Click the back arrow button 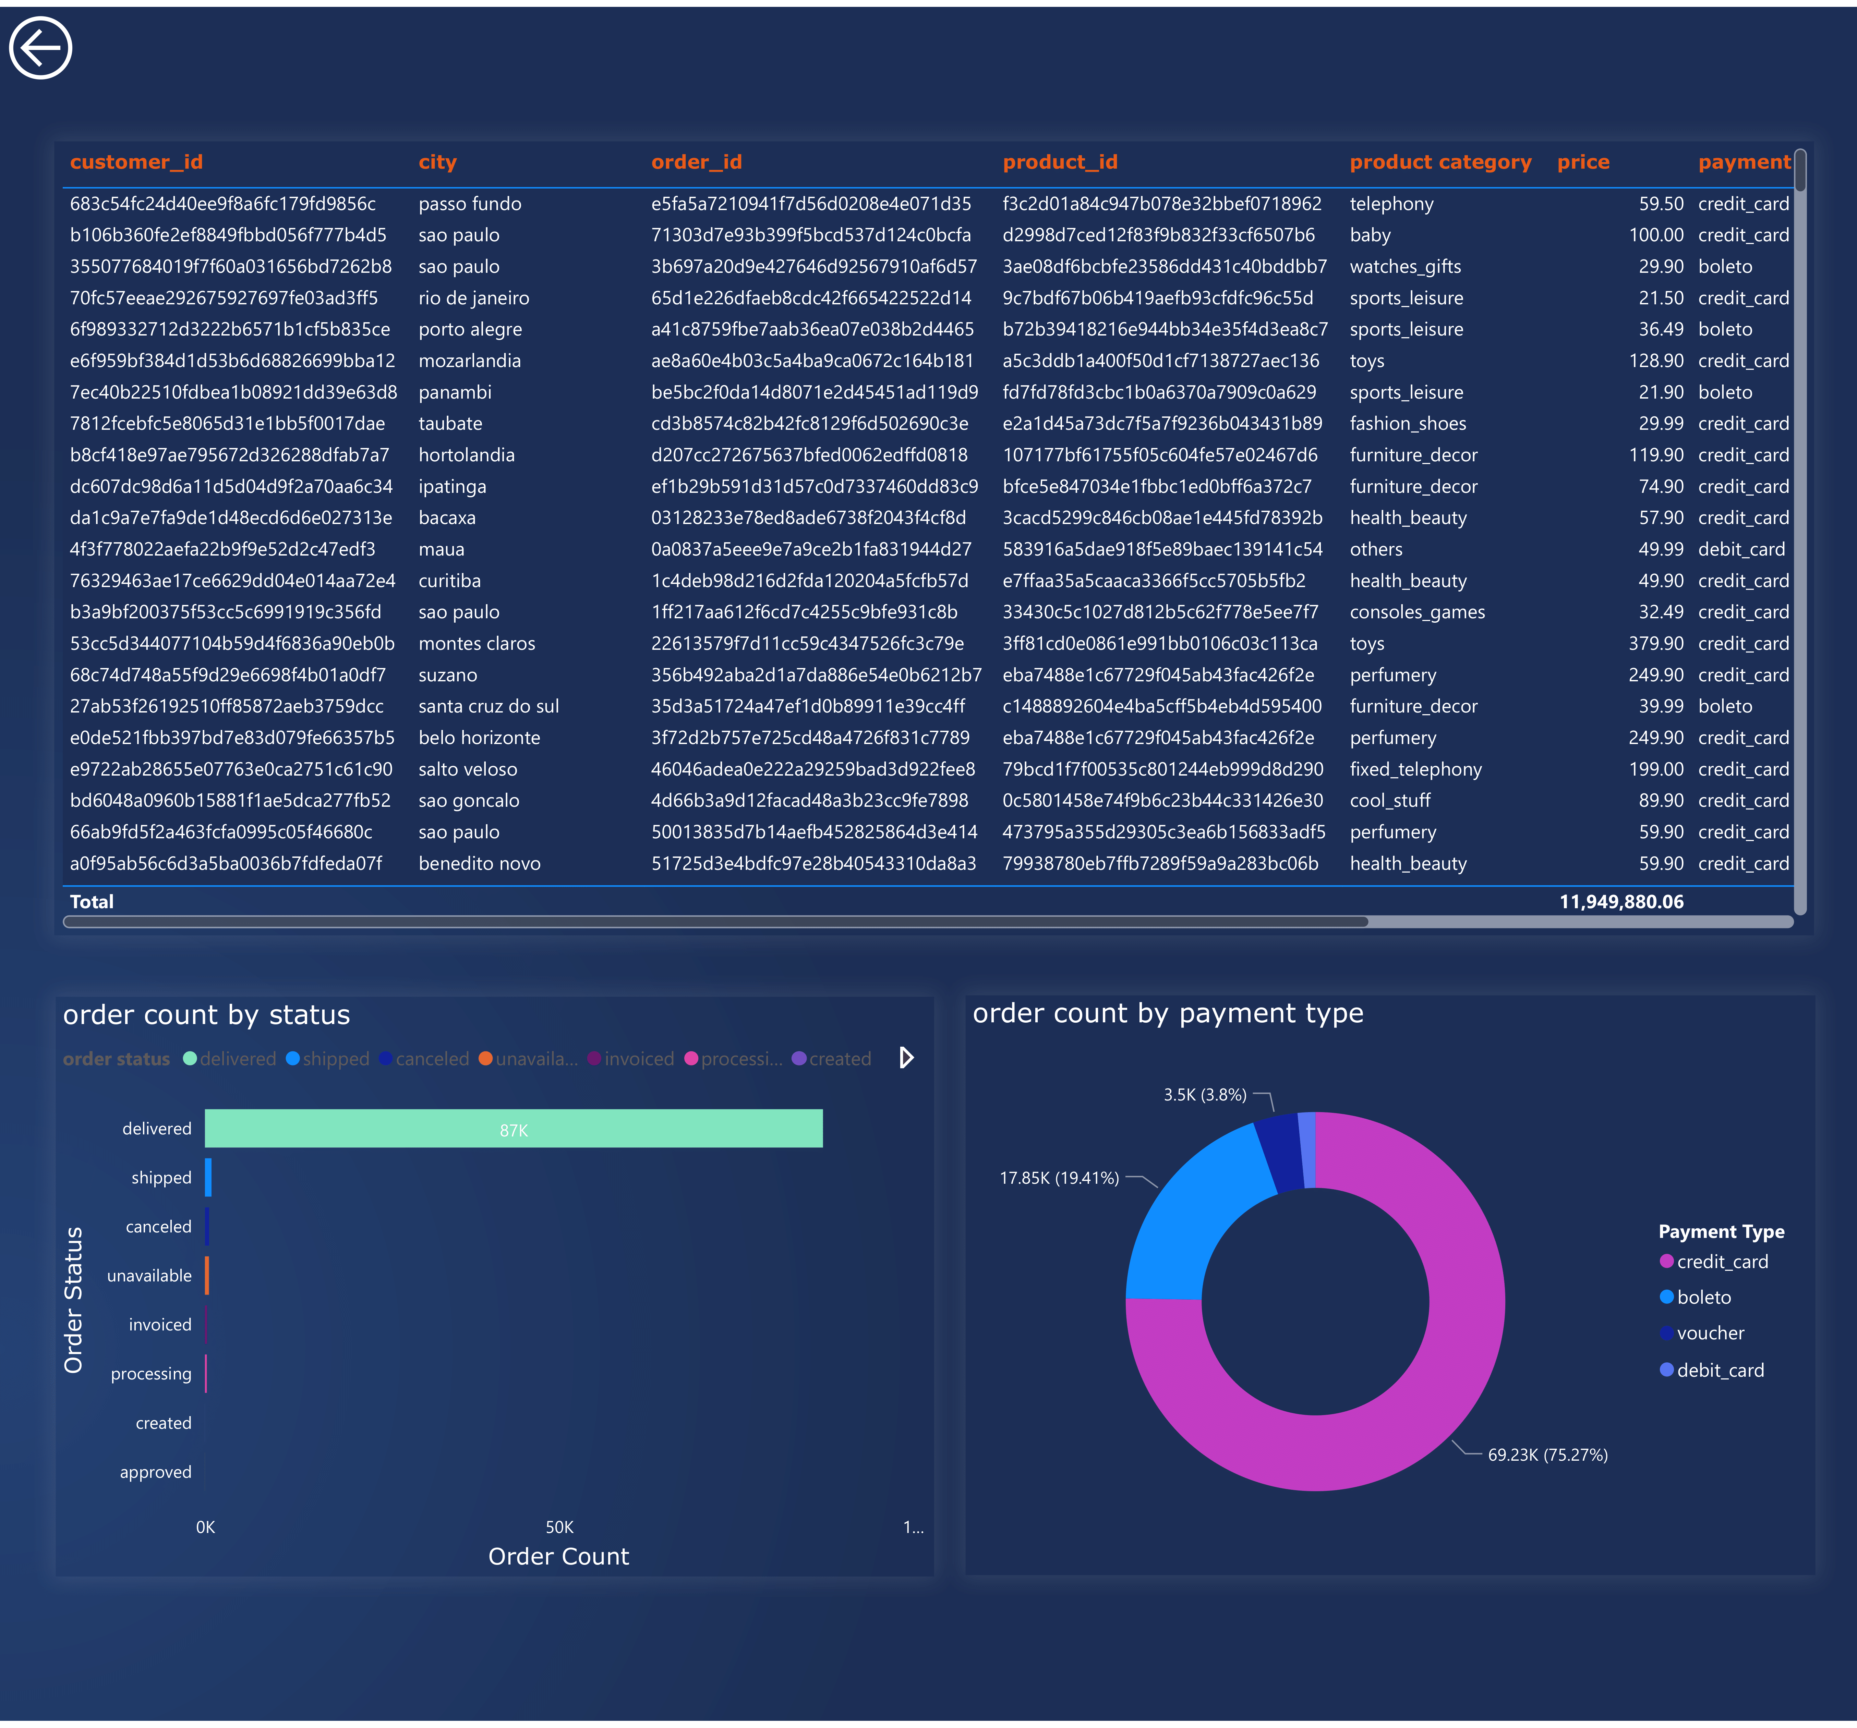click(x=40, y=48)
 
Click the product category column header click(x=1439, y=162)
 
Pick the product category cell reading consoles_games click(x=1416, y=612)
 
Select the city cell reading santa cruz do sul click(x=487, y=706)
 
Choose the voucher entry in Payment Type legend click(x=1709, y=1333)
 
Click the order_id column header click(x=696, y=162)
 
